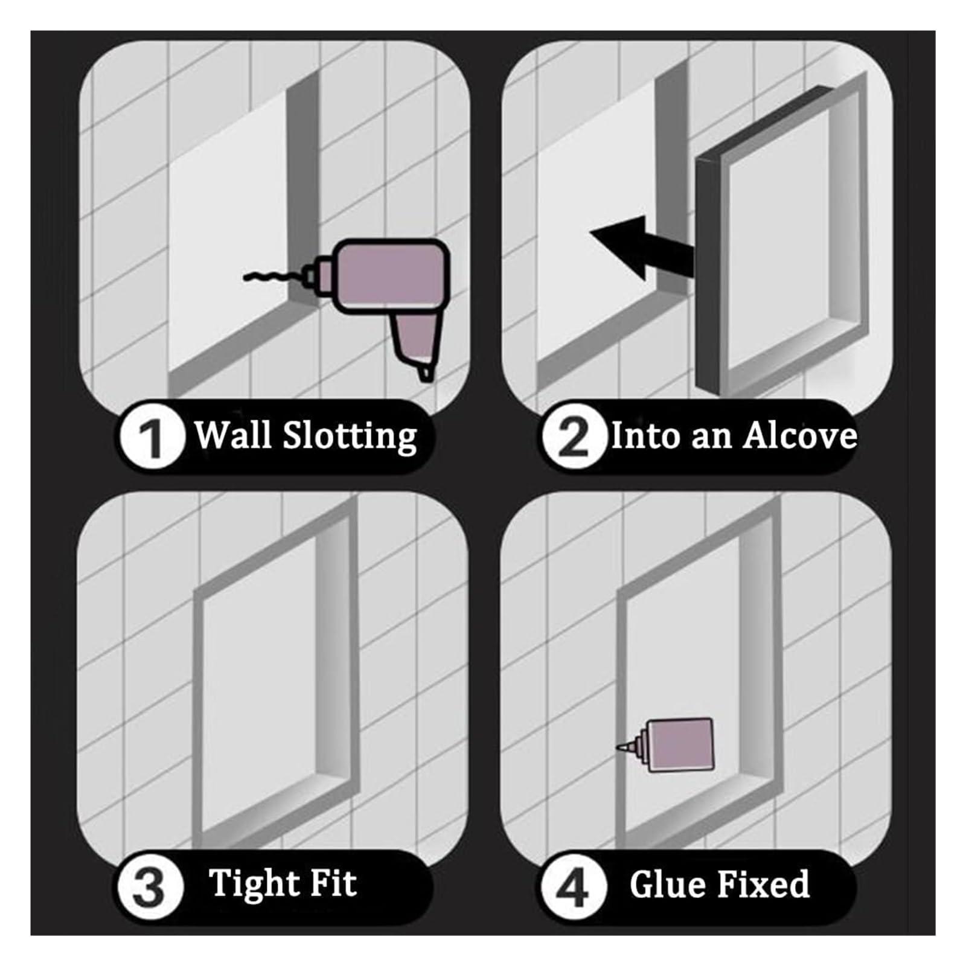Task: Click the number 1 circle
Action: click(x=152, y=437)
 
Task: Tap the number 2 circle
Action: click(x=573, y=437)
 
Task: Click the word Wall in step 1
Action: click(x=232, y=434)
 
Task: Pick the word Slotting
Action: click(x=350, y=435)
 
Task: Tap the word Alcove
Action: click(x=800, y=435)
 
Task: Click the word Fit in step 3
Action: click(x=333, y=883)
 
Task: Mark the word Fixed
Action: click(x=764, y=884)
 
